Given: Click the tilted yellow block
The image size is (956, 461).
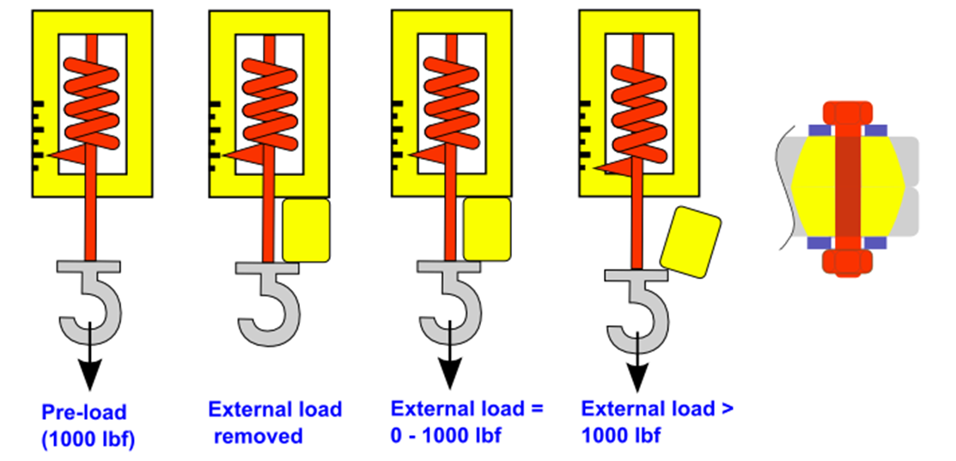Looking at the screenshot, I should (691, 241).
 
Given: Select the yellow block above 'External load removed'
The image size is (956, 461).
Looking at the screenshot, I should (306, 229).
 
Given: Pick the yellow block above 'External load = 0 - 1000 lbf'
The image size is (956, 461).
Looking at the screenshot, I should (487, 228).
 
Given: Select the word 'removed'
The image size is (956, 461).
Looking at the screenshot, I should (259, 436).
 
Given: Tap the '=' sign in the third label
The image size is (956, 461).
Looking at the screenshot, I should (537, 408).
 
